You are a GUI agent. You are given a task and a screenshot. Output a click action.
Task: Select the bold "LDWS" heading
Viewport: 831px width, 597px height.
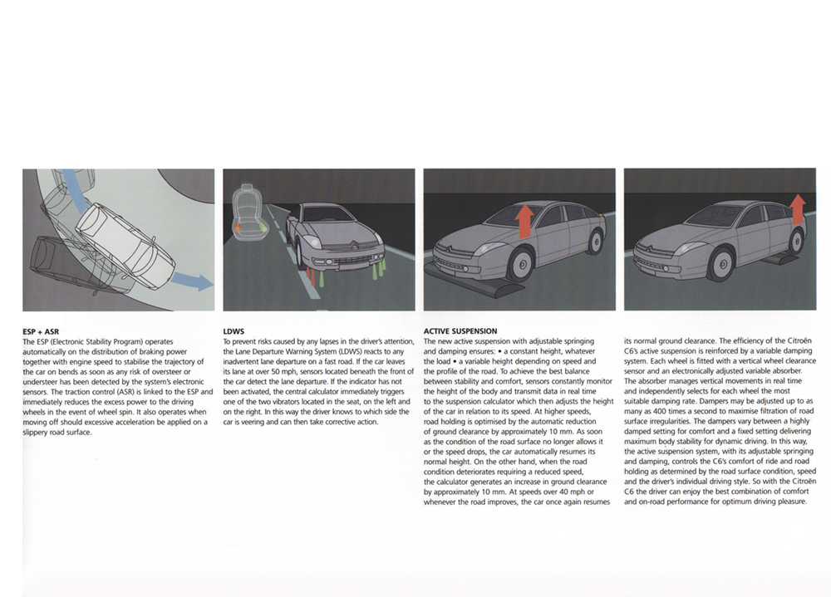pyautogui.click(x=234, y=331)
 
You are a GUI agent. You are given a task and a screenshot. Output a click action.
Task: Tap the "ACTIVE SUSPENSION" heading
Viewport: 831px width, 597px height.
pyautogui.click(x=460, y=331)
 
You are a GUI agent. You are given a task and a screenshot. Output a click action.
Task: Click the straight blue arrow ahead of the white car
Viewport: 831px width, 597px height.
pyautogui.click(x=194, y=281)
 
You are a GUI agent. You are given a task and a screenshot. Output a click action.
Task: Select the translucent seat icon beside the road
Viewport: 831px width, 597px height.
pyautogui.click(x=247, y=214)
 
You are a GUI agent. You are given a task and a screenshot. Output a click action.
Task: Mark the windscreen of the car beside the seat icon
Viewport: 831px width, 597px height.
pyautogui.click(x=328, y=214)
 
